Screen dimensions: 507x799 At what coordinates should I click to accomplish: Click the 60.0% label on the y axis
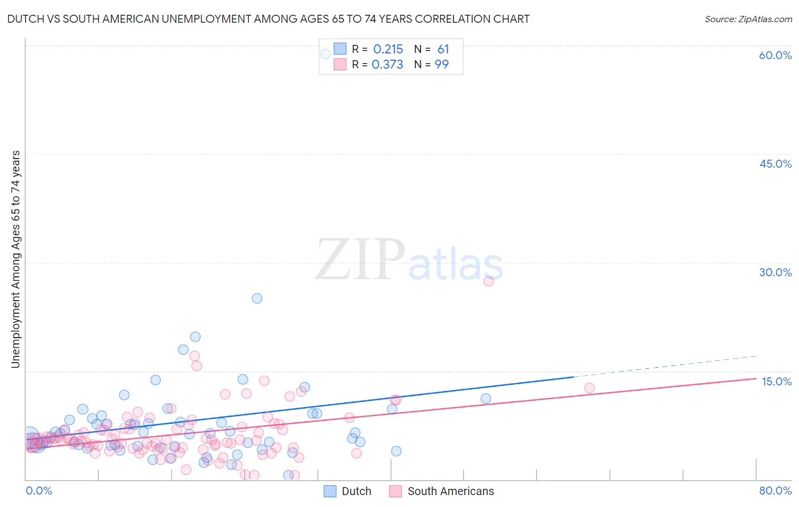(775, 55)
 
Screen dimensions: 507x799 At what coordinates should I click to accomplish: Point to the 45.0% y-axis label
(775, 164)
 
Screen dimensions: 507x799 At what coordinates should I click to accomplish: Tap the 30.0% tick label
(775, 272)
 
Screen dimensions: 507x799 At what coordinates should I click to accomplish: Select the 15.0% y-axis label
(776, 381)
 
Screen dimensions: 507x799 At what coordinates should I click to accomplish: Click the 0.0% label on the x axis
(39, 491)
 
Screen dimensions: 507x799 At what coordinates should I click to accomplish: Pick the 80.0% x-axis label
(775, 491)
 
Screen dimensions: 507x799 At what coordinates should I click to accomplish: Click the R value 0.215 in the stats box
(388, 49)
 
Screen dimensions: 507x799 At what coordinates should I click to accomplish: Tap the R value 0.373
(387, 65)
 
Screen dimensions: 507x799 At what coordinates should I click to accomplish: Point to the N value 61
(443, 49)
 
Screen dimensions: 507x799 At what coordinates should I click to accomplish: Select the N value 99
(442, 65)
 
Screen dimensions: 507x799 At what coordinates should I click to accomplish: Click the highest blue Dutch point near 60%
(325, 54)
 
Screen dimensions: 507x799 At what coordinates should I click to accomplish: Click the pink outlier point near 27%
(488, 281)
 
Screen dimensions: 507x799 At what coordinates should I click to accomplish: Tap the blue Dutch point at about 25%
(257, 298)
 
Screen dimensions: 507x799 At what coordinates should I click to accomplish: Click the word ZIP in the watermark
(360, 260)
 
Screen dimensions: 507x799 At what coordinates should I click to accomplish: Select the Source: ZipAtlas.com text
(748, 19)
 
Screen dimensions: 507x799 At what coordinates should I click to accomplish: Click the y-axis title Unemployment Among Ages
(16, 259)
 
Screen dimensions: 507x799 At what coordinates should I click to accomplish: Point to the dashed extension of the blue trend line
(665, 366)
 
